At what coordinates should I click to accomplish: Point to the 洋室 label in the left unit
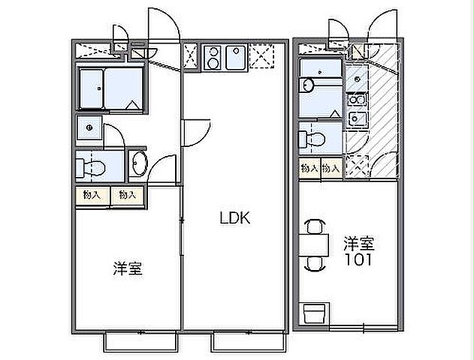[128, 268]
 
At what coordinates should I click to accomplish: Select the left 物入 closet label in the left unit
[92, 195]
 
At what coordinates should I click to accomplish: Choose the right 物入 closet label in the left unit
[127, 195]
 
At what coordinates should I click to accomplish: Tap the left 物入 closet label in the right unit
[308, 169]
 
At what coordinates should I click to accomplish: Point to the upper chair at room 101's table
[315, 225]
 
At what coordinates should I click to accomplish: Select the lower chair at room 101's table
[315, 263]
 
